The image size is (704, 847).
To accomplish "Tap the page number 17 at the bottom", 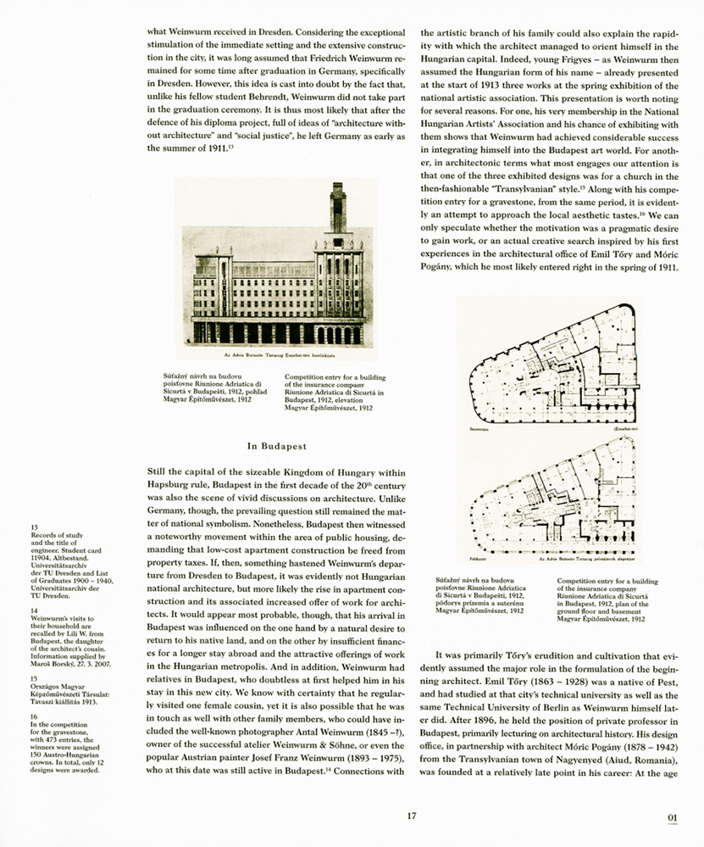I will [x=411, y=816].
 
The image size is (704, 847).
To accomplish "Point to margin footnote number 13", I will [x=34, y=527].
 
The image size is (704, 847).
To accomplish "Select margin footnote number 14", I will [x=34, y=610].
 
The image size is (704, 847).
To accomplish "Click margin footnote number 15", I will [x=34, y=679].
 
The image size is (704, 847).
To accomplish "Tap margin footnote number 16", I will [x=34, y=716].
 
